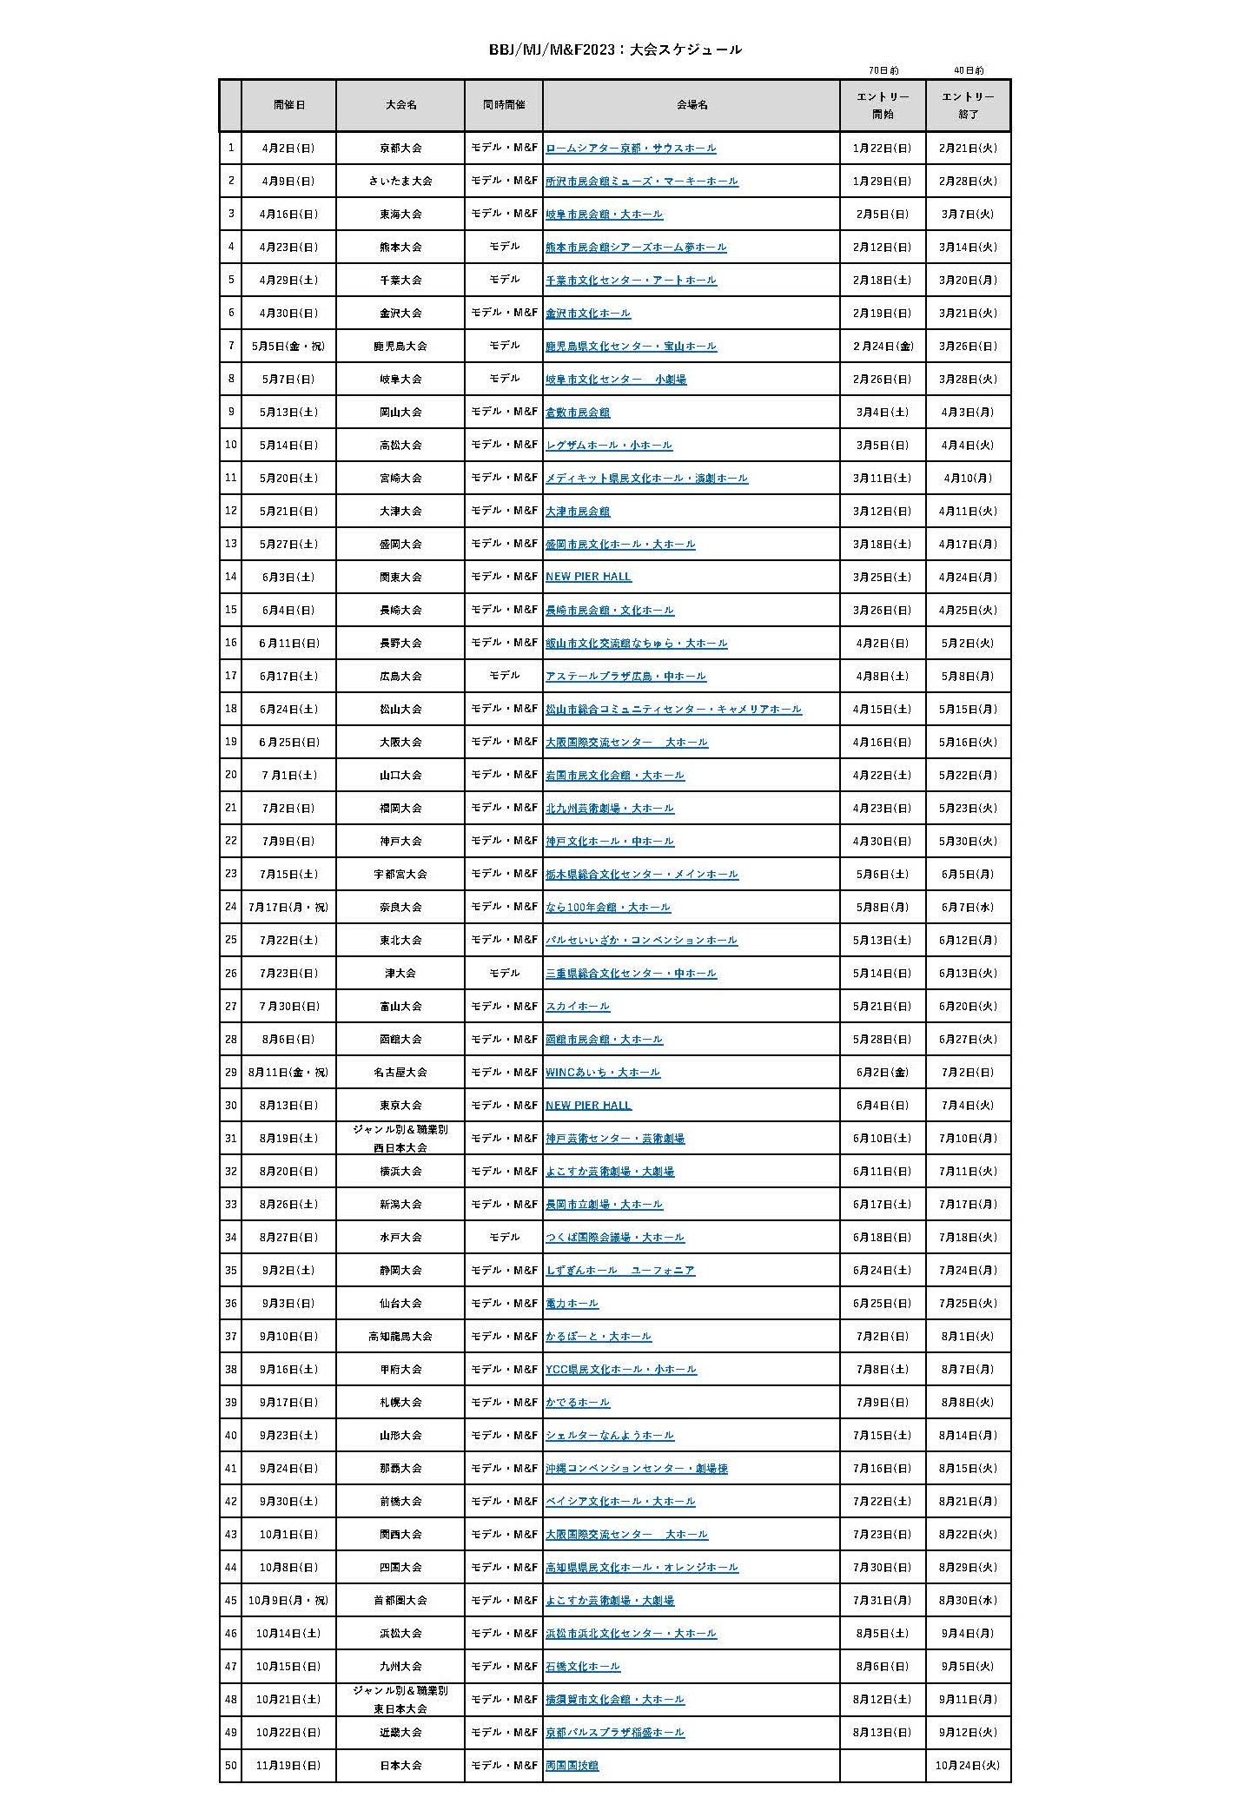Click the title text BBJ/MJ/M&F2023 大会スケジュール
(x=615, y=50)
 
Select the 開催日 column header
(x=289, y=104)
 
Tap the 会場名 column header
(x=691, y=104)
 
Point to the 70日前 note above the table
(x=883, y=70)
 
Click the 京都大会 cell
(x=400, y=149)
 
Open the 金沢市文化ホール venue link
(x=587, y=314)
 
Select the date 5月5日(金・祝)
(x=288, y=347)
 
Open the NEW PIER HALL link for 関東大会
(x=588, y=577)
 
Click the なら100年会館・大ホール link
(x=608, y=908)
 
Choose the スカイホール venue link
(x=578, y=1007)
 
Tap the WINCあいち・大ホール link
(x=603, y=1073)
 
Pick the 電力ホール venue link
(x=572, y=1304)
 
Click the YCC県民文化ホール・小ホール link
(x=620, y=1370)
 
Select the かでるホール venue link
(x=578, y=1403)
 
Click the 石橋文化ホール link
(x=583, y=1667)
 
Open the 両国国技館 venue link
(x=572, y=1766)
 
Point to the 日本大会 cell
(x=400, y=1766)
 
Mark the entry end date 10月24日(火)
(x=968, y=1766)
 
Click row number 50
(x=230, y=1766)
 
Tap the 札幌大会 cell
(x=400, y=1403)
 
